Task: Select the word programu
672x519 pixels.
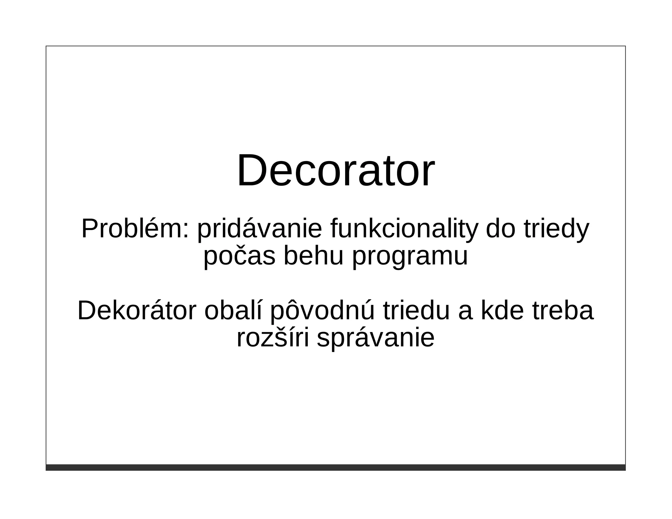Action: pyautogui.click(x=410, y=257)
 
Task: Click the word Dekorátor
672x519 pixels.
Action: pyautogui.click(x=137, y=311)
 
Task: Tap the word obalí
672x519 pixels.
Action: pyautogui.click(x=233, y=311)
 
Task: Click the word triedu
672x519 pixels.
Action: pyautogui.click(x=416, y=311)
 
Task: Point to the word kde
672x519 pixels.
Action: pyautogui.click(x=502, y=311)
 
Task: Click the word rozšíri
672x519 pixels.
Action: pyautogui.click(x=273, y=338)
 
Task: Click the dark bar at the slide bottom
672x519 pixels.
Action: pyautogui.click(x=336, y=467)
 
